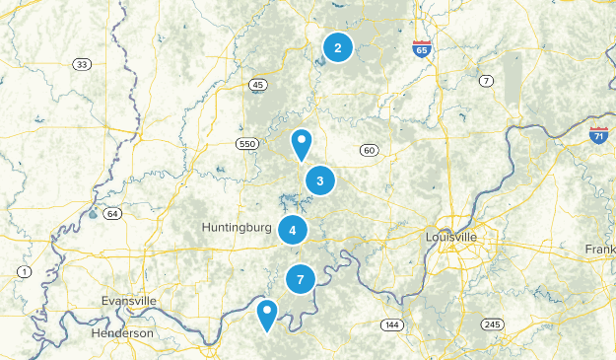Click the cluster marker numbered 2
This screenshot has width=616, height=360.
click(x=338, y=47)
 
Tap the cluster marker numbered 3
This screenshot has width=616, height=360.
click(x=320, y=180)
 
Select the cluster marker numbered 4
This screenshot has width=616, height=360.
click(x=293, y=230)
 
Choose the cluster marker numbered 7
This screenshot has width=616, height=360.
click(x=301, y=280)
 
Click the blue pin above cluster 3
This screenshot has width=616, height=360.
click(x=302, y=144)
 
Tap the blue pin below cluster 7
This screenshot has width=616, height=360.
click(x=266, y=315)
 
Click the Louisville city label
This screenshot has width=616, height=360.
click(x=451, y=238)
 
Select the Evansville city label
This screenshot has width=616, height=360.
click(x=128, y=300)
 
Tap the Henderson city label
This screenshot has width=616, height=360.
click(x=121, y=333)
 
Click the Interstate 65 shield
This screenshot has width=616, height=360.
click(x=422, y=48)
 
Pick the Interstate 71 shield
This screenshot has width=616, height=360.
click(x=598, y=135)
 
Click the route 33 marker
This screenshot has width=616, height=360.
click(x=81, y=64)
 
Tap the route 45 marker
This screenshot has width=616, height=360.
click(x=258, y=85)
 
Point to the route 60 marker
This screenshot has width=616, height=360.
click(x=370, y=150)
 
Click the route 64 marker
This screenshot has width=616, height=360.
click(x=111, y=213)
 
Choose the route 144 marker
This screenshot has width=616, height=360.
click(x=392, y=324)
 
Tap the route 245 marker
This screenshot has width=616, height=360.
click(x=493, y=324)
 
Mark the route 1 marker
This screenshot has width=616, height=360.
click(x=23, y=271)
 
